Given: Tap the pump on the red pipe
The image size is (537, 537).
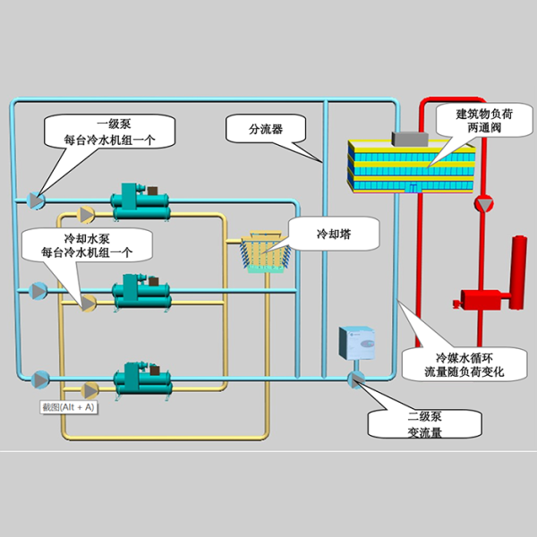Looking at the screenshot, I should (484, 203).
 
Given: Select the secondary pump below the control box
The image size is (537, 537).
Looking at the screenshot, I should (355, 379).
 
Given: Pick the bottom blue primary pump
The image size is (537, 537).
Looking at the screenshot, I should (39, 379).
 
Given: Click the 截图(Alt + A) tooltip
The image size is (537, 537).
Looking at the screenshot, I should (68, 408).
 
